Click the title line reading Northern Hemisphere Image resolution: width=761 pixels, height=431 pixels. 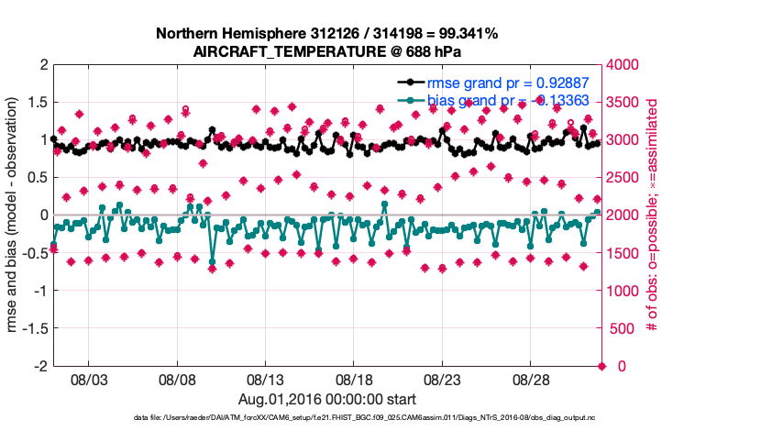[x=326, y=34]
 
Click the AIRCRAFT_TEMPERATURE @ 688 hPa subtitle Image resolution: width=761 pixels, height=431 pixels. [x=326, y=51]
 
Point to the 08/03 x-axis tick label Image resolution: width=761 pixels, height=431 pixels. [x=89, y=379]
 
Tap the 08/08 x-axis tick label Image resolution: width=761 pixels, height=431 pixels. [x=177, y=379]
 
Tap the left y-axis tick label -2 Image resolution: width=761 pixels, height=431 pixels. [x=38, y=366]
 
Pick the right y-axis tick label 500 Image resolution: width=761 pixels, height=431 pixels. [x=623, y=328]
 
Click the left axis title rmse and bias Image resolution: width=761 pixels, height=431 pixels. [x=13, y=215]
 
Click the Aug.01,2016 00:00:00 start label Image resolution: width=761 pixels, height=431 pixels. [x=327, y=399]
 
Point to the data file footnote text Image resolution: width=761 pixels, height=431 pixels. [x=326, y=417]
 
